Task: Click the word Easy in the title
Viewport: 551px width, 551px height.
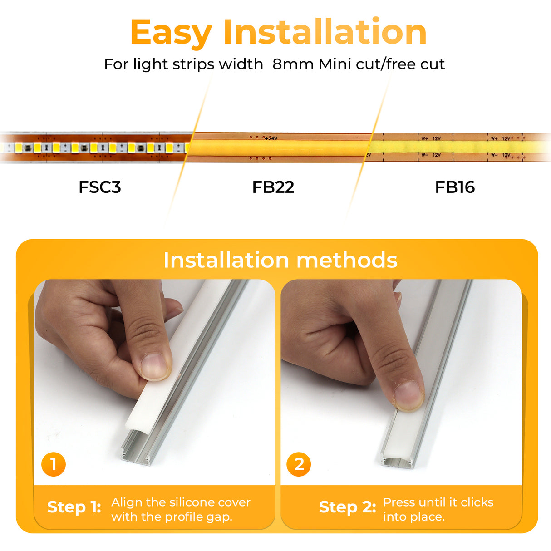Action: pos(171,33)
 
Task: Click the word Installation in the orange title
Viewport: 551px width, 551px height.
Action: pos(325,32)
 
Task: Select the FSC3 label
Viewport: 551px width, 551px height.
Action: pos(100,187)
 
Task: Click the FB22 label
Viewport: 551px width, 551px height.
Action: pos(273,187)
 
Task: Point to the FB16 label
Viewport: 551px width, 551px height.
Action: pos(455,187)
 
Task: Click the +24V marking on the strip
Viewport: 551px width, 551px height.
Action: pos(271,138)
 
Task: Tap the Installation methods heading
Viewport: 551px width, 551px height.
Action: pos(280,260)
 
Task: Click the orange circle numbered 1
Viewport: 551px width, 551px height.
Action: pos(54,464)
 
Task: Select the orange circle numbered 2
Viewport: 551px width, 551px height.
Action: pos(299,464)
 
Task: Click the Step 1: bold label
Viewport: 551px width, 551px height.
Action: pos(74,507)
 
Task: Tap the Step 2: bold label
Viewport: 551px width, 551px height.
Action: pos(347,507)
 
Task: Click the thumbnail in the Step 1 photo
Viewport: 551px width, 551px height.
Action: pos(154,366)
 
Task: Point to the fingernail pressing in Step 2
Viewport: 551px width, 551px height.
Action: pos(407,395)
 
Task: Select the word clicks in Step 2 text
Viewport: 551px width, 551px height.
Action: pos(477,502)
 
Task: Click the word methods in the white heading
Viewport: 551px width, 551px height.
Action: pos(347,260)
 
